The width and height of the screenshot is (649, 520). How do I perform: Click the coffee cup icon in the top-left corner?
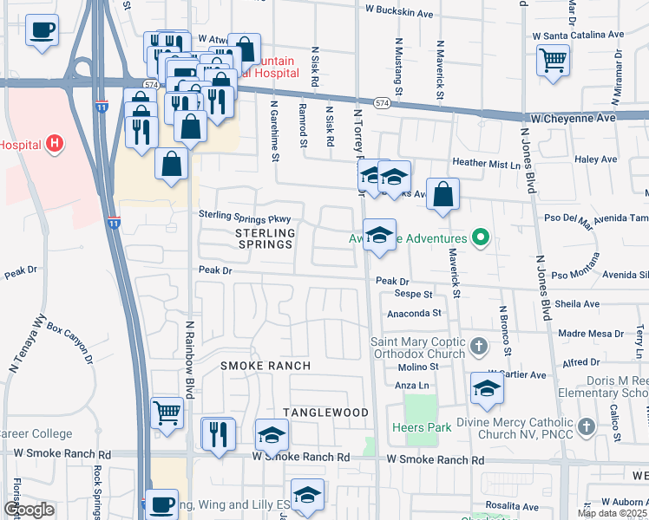coord(41,31)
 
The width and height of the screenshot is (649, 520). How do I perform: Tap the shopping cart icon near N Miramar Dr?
coord(553,61)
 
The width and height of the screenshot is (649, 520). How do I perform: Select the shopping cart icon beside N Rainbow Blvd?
coord(167,413)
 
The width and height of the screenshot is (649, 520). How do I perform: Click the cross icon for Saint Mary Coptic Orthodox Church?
coord(477,348)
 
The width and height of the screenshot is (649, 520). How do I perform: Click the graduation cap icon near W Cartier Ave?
coord(487,389)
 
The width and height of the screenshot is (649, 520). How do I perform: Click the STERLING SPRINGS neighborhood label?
coord(265,238)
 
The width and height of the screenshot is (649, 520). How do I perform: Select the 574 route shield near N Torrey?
coord(383,102)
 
